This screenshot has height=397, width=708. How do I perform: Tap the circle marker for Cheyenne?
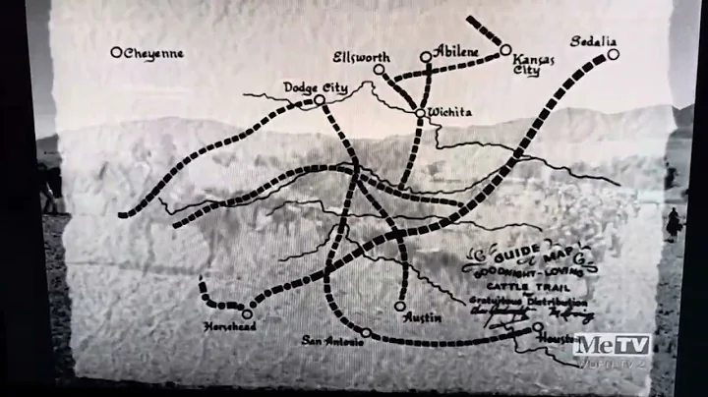[116, 52]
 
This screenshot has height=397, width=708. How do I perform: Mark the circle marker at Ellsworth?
[378, 70]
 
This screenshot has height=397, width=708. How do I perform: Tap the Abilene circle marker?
[426, 57]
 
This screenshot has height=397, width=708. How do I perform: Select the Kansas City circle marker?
[505, 49]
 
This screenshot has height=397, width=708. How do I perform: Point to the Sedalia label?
[592, 40]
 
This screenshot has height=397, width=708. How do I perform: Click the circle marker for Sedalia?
[613, 54]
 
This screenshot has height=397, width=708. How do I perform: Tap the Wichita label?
[451, 113]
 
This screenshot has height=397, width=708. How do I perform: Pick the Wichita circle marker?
[420, 113]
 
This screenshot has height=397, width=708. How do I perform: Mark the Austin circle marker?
[400, 306]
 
